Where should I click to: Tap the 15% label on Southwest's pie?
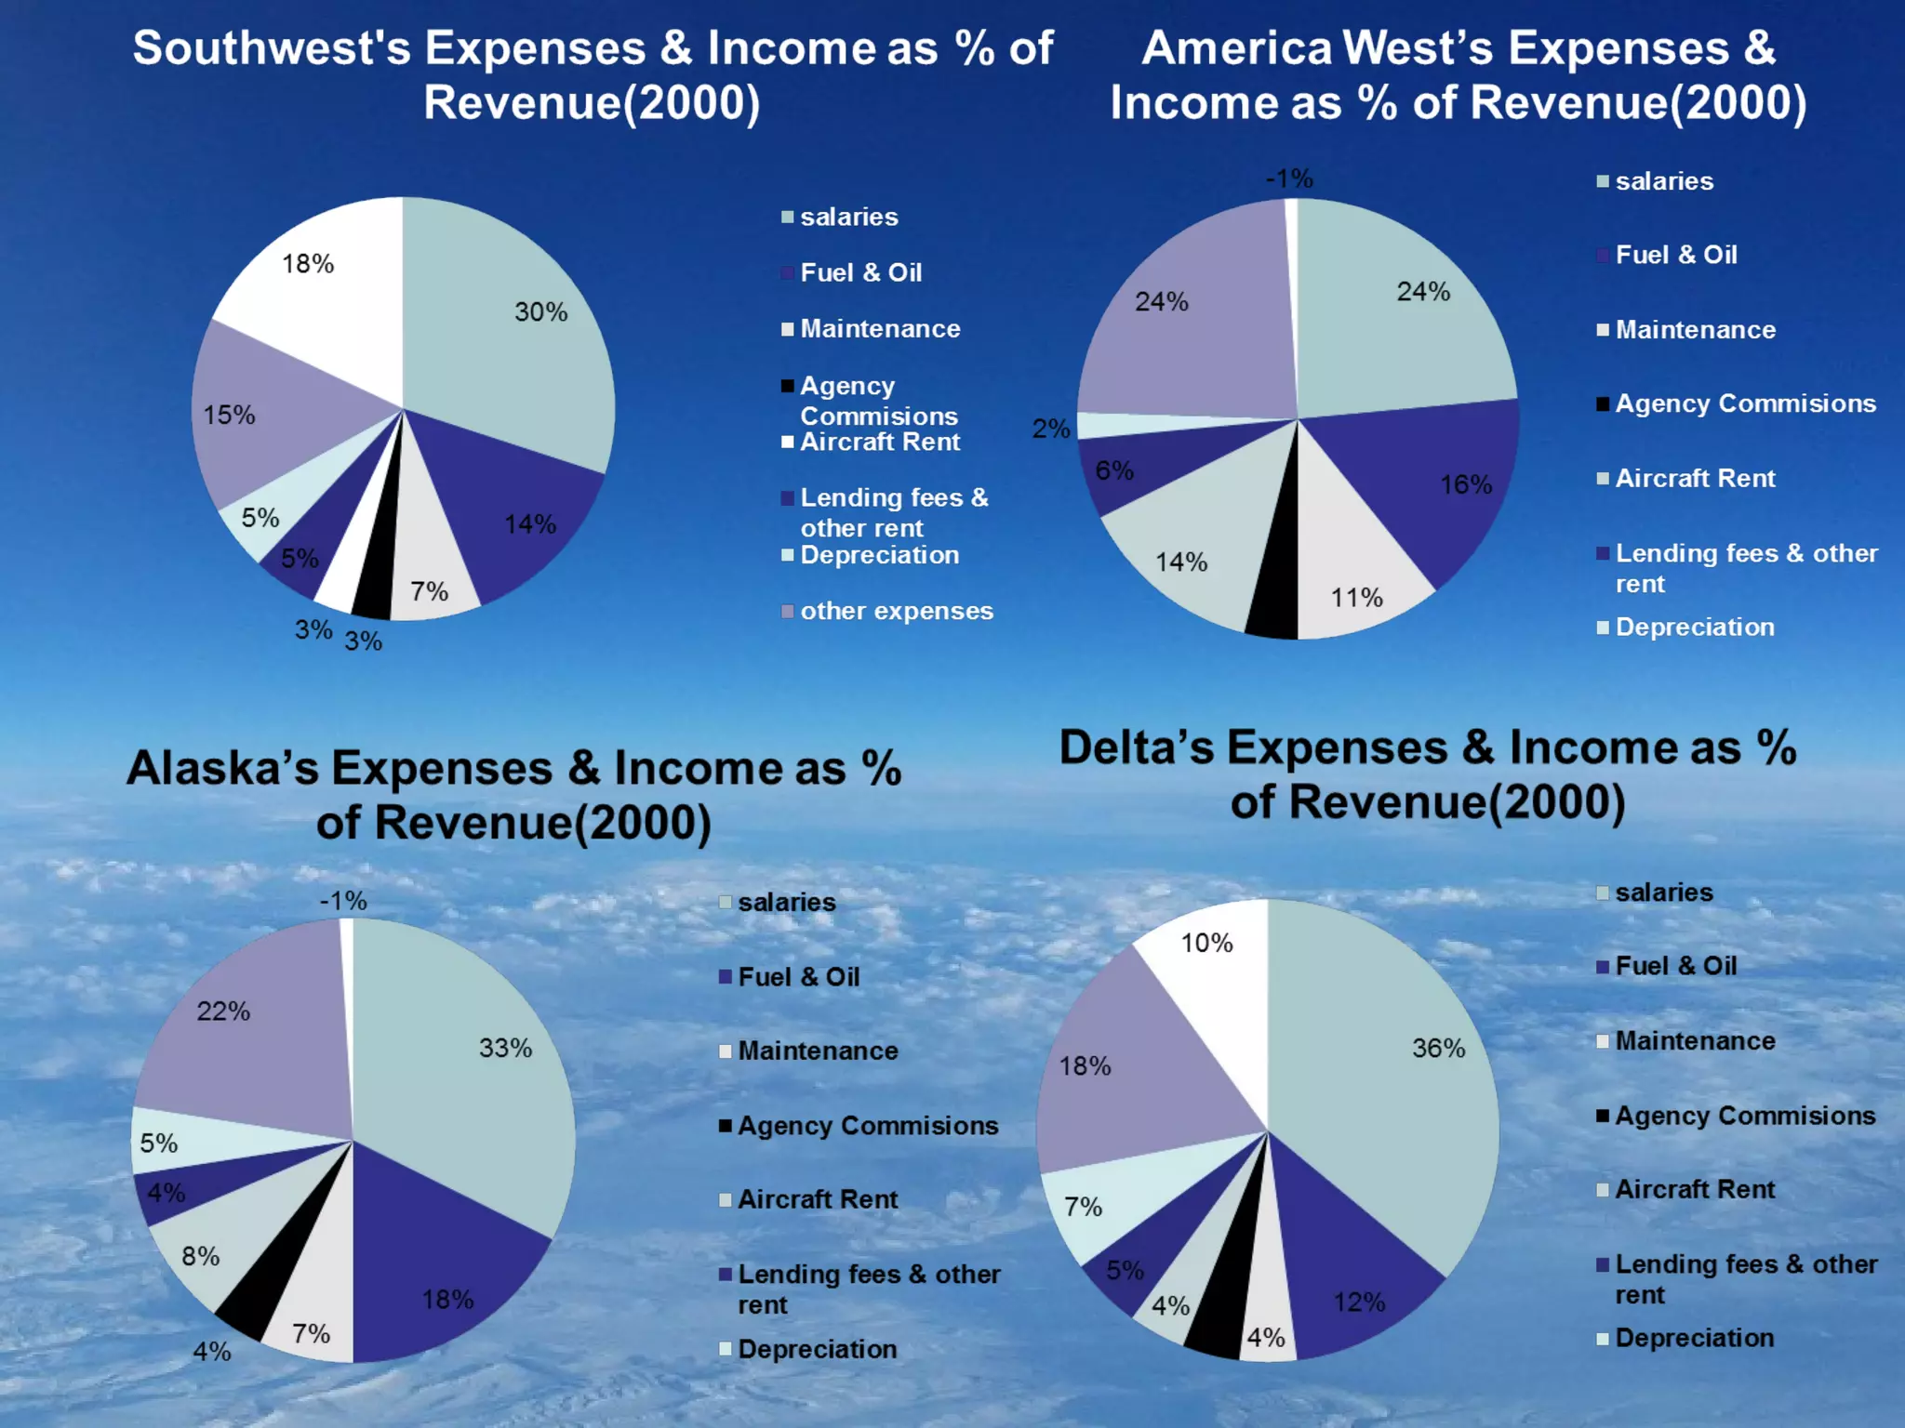[229, 415]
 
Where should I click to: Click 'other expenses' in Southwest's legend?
[896, 611]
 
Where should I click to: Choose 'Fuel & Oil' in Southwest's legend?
[860, 272]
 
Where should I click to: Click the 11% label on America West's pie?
[1356, 598]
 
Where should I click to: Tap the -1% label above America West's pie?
[1288, 178]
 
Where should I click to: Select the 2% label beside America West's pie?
[1050, 429]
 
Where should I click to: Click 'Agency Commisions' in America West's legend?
[1745, 403]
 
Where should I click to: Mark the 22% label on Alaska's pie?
[223, 1011]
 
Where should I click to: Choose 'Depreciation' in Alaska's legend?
[817, 1349]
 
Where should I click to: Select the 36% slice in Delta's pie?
[1395, 1069]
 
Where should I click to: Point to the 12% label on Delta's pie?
[1359, 1302]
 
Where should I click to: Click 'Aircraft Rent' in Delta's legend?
[1695, 1189]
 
